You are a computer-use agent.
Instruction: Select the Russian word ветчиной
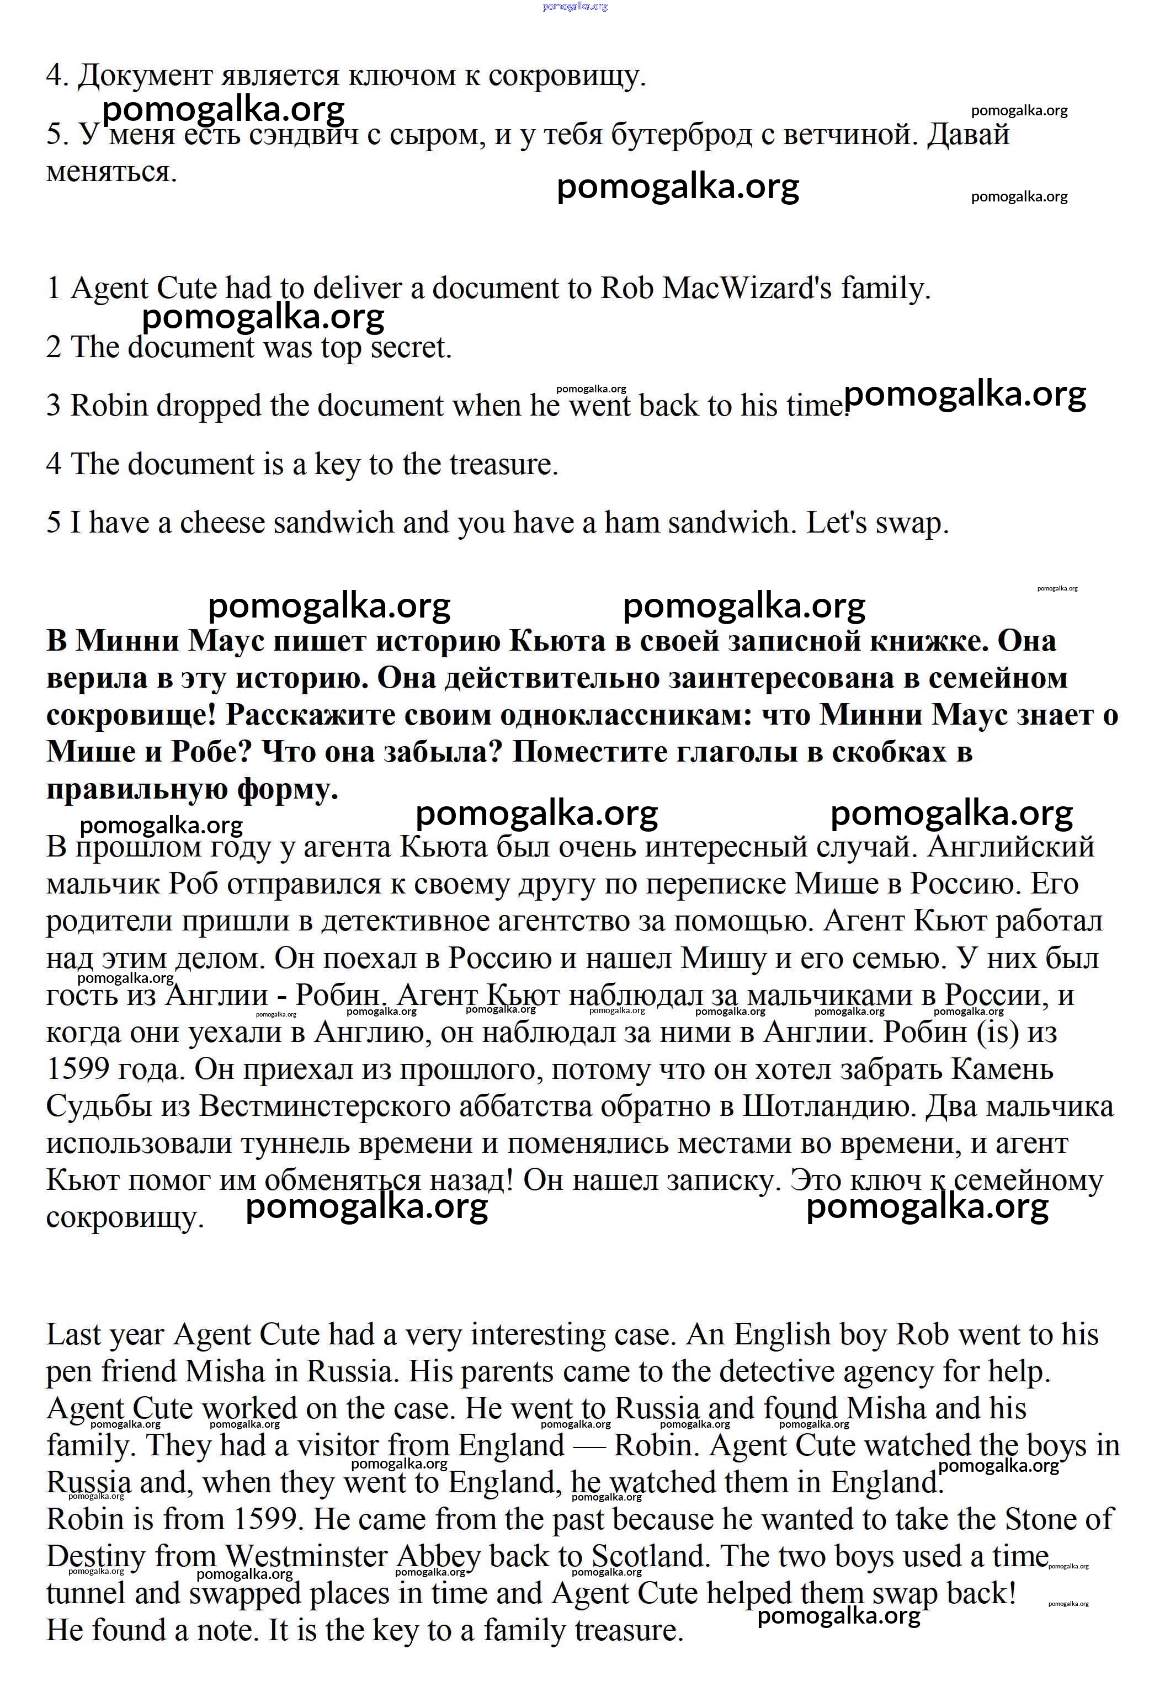coord(851,134)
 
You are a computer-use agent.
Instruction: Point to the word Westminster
coord(306,1556)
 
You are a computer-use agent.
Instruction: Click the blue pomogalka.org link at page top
coord(574,6)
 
